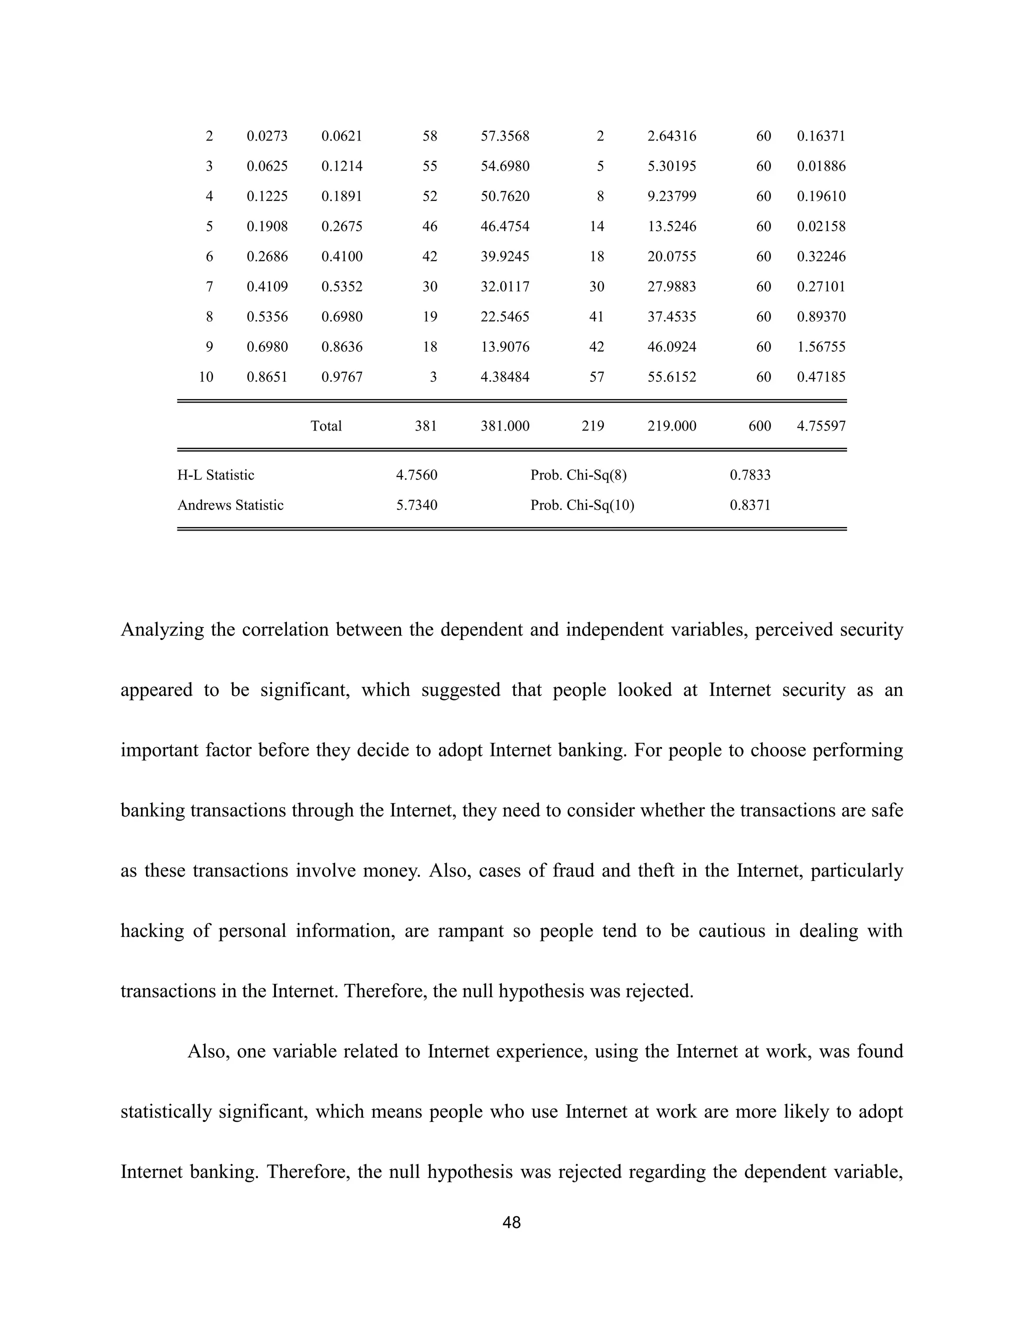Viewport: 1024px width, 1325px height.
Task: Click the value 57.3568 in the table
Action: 504,136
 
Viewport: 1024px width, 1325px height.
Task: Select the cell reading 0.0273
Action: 267,136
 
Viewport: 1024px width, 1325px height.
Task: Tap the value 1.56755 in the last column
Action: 821,347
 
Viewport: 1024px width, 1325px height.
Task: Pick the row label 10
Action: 206,377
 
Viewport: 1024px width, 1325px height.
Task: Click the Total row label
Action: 326,426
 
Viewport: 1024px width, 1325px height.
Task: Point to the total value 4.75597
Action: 821,426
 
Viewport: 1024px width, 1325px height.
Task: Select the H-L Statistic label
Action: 216,475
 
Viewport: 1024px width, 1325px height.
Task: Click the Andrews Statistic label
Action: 230,505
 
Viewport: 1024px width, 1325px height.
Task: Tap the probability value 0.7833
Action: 750,475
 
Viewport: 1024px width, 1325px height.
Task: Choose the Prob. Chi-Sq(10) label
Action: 582,505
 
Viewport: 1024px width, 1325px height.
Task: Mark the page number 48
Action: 512,1222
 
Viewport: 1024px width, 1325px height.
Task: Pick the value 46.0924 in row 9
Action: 671,347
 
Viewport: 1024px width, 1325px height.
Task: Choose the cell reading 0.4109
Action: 267,286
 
